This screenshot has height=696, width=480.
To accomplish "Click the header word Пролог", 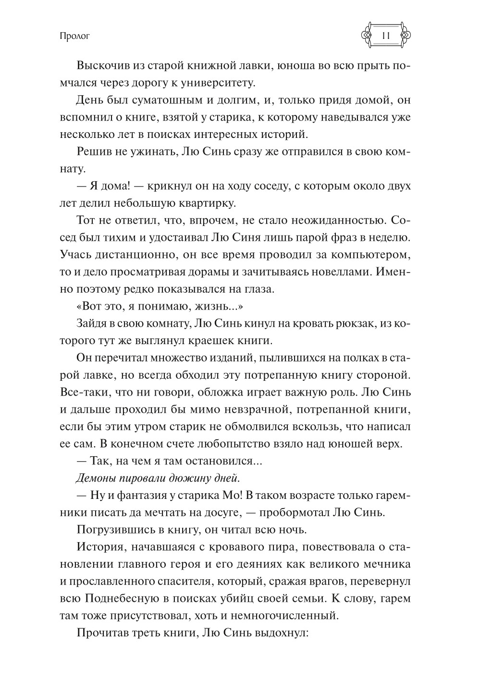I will pos(73,36).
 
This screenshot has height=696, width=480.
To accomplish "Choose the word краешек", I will pos(201,340).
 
